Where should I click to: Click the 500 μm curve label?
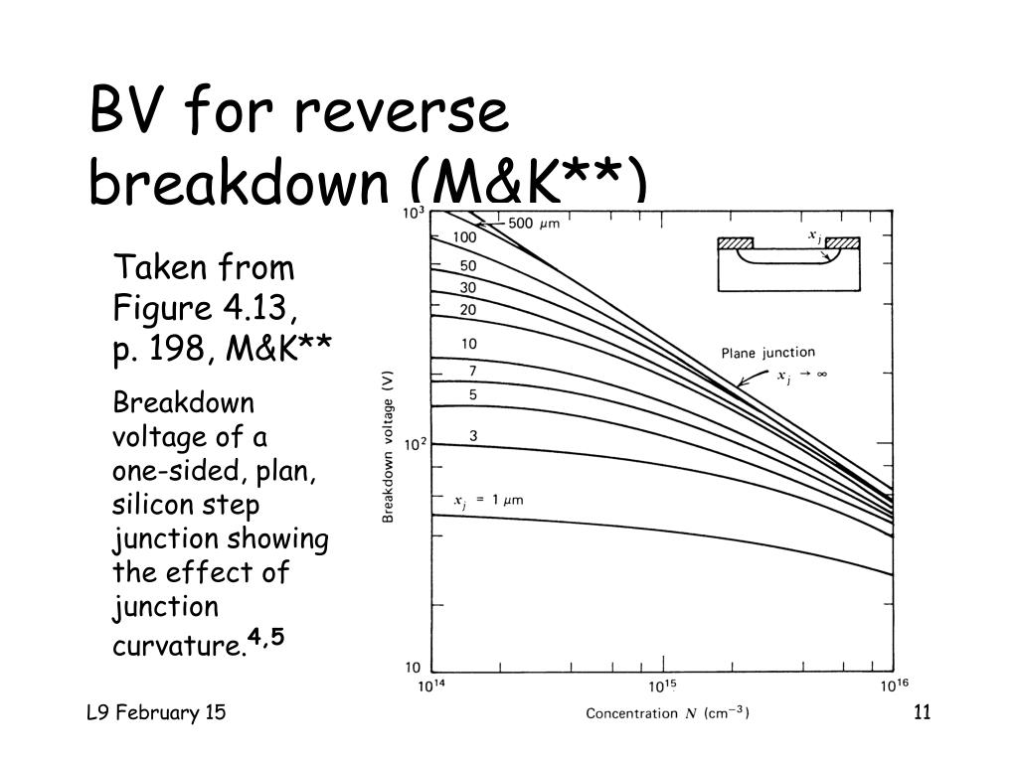(x=534, y=224)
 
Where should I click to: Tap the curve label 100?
(x=464, y=237)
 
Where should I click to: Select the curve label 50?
(x=467, y=266)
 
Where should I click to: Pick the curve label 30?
(x=467, y=288)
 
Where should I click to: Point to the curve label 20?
(x=467, y=310)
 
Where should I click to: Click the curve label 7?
(x=472, y=371)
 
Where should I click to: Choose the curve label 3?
(x=473, y=435)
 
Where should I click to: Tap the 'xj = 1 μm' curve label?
(x=488, y=501)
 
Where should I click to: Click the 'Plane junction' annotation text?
(x=767, y=353)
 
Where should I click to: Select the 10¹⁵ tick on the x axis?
(x=662, y=687)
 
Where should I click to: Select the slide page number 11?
(x=920, y=712)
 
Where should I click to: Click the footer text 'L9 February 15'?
(x=155, y=712)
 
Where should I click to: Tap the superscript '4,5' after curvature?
(x=266, y=636)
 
